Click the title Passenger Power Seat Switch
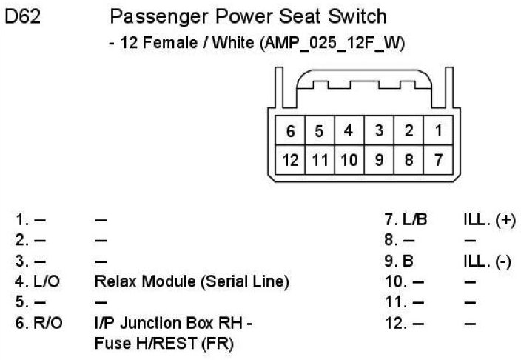[248, 17]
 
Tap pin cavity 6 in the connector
[291, 132]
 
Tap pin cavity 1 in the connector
[439, 131]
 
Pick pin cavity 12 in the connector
[291, 159]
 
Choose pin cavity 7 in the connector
[439, 159]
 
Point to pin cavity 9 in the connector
[379, 159]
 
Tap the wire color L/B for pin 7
[416, 219]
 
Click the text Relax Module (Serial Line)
[192, 281]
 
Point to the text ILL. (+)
[488, 219]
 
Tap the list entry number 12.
[394, 323]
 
